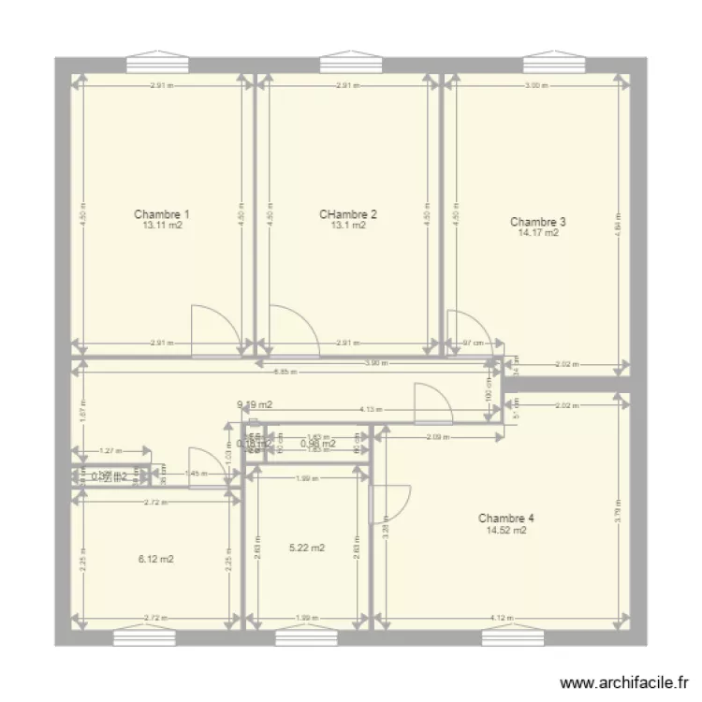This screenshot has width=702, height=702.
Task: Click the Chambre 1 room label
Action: (156, 213)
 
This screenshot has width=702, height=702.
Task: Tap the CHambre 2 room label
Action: (348, 213)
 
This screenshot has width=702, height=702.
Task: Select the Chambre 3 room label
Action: (537, 222)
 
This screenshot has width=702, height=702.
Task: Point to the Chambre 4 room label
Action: (505, 518)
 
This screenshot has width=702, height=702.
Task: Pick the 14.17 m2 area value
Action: (538, 234)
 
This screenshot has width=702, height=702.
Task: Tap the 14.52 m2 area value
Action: (506, 531)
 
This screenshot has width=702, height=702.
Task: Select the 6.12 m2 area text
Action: (155, 560)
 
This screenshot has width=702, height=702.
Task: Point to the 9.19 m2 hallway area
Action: (254, 405)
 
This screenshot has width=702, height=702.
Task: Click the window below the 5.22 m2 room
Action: (307, 637)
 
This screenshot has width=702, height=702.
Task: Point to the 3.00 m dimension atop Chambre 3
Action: (534, 86)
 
